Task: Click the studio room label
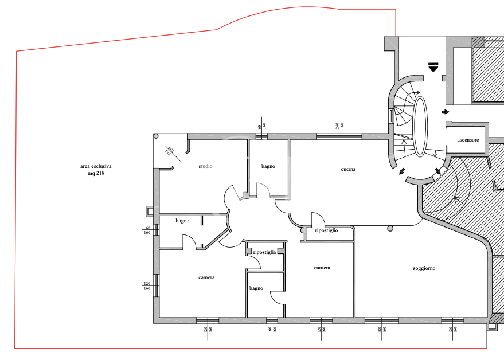205,166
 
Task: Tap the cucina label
348,169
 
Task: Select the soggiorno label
424,268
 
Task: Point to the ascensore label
468,140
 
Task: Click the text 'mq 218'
96,173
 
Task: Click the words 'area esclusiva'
96,166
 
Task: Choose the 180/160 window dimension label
381,330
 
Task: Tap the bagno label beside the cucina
268,166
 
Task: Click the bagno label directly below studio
182,221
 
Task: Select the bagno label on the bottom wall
256,288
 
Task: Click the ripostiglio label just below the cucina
326,230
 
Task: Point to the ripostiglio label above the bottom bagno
264,252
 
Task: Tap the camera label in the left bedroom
206,277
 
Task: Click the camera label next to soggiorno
322,268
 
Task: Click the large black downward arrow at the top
433,67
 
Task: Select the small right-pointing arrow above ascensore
445,111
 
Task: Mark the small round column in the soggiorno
390,229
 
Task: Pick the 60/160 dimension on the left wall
147,230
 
